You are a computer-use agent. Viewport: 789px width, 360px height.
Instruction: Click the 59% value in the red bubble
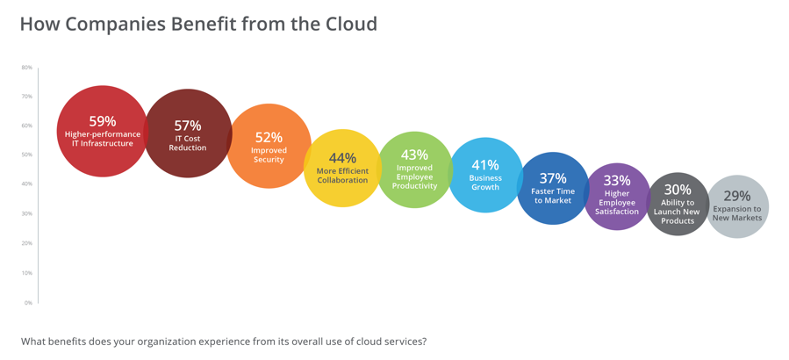click(x=103, y=121)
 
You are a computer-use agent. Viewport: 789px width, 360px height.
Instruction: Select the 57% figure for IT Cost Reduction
click(x=188, y=126)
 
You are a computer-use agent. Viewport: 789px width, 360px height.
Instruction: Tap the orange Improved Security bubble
click(x=269, y=146)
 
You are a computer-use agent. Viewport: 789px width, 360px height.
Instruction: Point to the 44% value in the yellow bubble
click(x=342, y=158)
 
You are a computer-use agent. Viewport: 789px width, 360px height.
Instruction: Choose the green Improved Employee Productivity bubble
click(x=414, y=169)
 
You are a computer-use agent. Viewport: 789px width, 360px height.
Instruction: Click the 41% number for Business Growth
click(x=485, y=165)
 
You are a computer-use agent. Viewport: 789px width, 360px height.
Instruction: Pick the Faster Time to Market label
click(x=553, y=196)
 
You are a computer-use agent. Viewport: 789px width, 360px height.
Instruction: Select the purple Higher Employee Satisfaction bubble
click(x=617, y=197)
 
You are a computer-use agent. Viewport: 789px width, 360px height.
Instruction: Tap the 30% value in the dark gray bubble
click(x=678, y=190)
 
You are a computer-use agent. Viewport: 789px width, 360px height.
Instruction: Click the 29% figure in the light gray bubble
click(x=737, y=196)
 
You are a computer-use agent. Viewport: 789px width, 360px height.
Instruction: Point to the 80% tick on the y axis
click(x=27, y=67)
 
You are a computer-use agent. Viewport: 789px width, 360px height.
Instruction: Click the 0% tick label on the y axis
click(x=29, y=303)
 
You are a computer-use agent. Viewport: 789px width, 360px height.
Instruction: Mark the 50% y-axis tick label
click(x=27, y=155)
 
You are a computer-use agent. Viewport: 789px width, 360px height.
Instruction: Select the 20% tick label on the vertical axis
click(x=27, y=243)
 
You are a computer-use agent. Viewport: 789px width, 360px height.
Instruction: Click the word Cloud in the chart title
click(x=352, y=24)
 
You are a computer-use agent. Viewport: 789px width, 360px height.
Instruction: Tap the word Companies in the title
click(x=104, y=25)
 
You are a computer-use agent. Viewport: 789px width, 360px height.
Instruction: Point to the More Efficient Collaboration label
click(x=342, y=176)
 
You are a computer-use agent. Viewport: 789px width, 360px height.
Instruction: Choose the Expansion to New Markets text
click(x=738, y=213)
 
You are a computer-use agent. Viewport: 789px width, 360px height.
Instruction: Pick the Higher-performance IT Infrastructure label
click(x=103, y=139)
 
